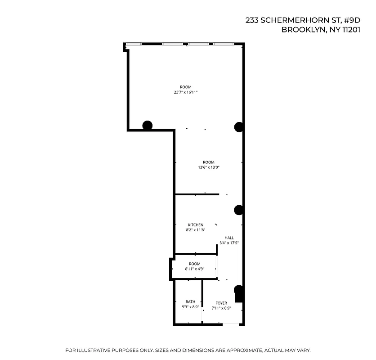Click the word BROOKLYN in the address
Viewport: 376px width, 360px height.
(300, 30)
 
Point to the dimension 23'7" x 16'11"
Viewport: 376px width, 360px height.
(186, 92)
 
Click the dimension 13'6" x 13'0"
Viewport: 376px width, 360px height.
(208, 167)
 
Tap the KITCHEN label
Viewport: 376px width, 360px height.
(196, 225)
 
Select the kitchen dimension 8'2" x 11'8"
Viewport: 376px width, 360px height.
(196, 230)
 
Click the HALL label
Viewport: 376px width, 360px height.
(229, 238)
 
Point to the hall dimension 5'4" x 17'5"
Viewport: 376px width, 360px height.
(229, 243)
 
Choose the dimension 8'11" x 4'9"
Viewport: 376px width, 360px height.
(195, 269)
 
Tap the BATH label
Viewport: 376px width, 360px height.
(190, 302)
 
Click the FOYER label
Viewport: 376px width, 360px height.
(221, 303)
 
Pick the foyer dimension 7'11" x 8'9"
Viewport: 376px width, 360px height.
(221, 309)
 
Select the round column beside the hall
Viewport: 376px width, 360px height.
(239, 210)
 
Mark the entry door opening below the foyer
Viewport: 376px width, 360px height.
(230, 324)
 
